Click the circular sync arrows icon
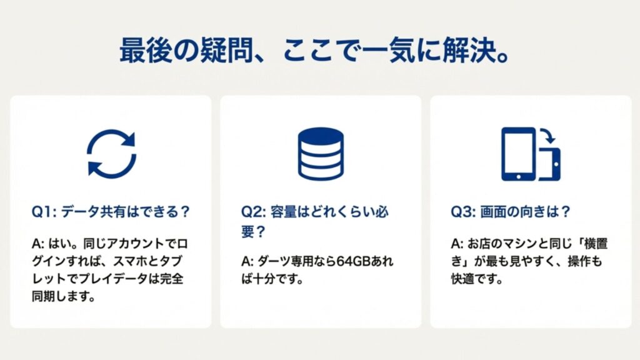point(111,152)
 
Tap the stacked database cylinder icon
point(320,153)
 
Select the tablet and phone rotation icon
point(530,154)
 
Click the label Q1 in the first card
point(42,211)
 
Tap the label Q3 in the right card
point(462,211)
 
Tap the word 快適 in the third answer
point(463,278)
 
